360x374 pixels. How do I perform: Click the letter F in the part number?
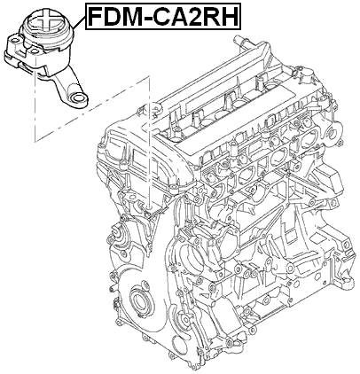pos(95,16)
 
